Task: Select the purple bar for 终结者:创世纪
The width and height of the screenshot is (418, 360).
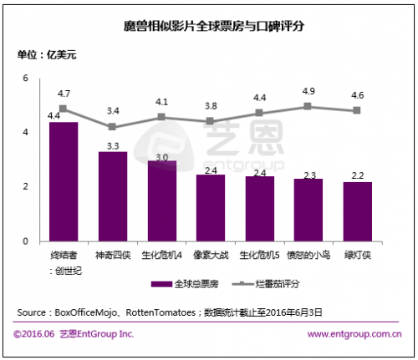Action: [x=64, y=181]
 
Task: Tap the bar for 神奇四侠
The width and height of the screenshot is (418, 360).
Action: [x=112, y=196]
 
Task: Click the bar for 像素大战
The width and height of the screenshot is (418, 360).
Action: [x=210, y=208]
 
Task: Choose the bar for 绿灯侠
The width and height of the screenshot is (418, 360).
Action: [x=357, y=211]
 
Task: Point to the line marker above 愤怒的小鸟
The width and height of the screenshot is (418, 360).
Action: [x=308, y=106]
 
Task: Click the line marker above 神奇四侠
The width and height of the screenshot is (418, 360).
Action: [x=112, y=127]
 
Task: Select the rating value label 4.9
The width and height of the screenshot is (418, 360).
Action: [x=308, y=90]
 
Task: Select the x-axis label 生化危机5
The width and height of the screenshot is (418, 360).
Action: [x=259, y=253]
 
